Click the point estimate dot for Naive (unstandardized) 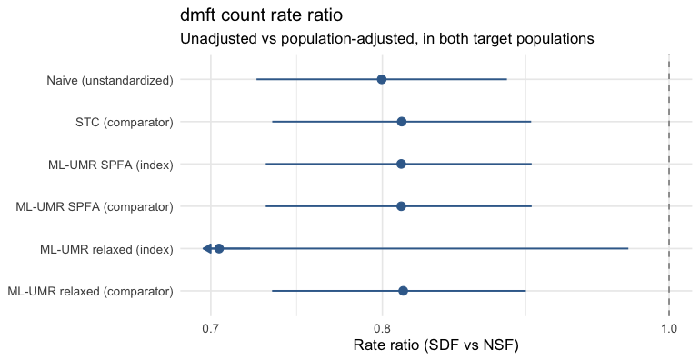[x=381, y=79]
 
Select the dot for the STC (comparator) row [x=401, y=122]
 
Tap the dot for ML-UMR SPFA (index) [x=401, y=164]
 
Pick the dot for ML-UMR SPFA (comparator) [x=401, y=206]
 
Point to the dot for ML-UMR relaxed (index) [x=219, y=248]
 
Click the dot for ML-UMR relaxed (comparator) [x=403, y=291]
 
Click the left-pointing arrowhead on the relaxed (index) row [x=206, y=248]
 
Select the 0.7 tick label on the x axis [x=210, y=329]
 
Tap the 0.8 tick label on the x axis [x=382, y=329]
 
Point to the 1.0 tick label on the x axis [x=669, y=329]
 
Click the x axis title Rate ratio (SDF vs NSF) [x=435, y=345]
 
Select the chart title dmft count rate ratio [x=261, y=15]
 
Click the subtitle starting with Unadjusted [x=387, y=39]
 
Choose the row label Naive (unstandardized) [x=110, y=80]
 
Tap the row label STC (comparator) [x=125, y=123]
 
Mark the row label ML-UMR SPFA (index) [x=111, y=165]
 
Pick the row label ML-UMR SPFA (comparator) [x=95, y=206]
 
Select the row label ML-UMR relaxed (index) [x=106, y=249]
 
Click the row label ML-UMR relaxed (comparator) [x=91, y=291]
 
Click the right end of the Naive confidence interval [x=506, y=79]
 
